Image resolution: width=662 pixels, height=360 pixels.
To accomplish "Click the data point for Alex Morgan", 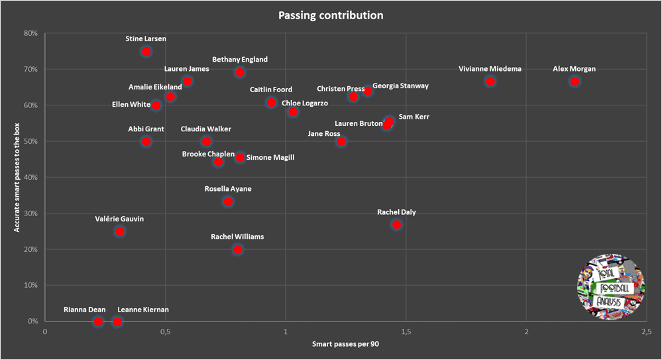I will [x=575, y=82].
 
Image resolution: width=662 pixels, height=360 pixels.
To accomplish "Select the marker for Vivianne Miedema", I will [x=490, y=82].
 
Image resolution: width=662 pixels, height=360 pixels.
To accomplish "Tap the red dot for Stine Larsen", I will [x=146, y=52].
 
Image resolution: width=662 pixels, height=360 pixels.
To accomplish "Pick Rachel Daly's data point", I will [x=396, y=225].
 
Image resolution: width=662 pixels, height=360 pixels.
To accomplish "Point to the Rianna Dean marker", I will [x=98, y=322].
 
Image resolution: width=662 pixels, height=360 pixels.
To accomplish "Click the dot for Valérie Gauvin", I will [x=120, y=231].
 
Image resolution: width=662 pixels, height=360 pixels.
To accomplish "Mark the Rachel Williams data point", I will [x=238, y=250].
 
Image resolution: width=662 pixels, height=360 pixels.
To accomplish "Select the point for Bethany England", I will [x=240, y=72].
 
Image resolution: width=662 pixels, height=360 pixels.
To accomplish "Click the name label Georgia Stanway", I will [x=400, y=86].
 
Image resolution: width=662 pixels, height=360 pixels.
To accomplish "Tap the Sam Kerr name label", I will [x=414, y=117].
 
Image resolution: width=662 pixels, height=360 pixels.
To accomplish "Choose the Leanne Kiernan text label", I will [x=142, y=310].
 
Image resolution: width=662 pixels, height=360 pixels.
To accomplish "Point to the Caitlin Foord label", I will [x=271, y=90].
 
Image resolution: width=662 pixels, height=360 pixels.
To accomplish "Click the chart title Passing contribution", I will [x=331, y=15].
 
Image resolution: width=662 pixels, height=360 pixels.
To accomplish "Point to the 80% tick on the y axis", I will [x=31, y=33].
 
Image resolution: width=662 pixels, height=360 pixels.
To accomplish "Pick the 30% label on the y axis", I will [x=31, y=213].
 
